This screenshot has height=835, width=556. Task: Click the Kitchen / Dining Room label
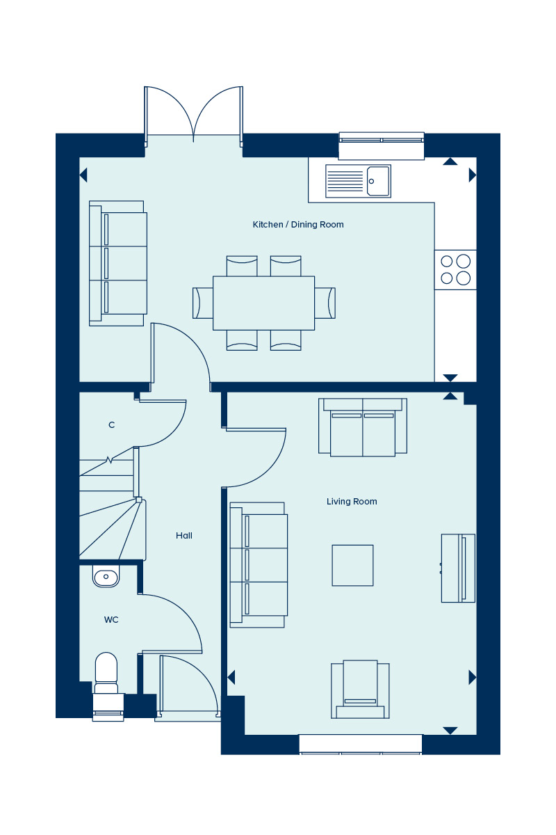point(298,224)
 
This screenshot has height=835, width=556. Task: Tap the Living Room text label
point(352,502)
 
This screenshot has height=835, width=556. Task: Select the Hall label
point(184,536)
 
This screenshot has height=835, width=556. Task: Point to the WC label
point(111,619)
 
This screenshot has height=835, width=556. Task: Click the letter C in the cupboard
point(111,424)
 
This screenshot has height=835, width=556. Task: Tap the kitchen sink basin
point(378,181)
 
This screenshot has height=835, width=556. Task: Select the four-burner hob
point(455,269)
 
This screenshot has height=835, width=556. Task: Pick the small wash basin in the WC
point(106,576)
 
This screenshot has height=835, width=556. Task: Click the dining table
point(263,303)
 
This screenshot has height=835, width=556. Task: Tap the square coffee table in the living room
point(352,565)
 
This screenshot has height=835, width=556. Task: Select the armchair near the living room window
point(360,690)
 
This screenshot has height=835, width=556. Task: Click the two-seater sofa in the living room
point(363,427)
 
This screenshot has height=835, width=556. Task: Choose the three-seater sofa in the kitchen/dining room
point(117,263)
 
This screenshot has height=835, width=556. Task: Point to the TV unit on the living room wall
point(458,568)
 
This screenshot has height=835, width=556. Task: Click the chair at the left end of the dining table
point(202,303)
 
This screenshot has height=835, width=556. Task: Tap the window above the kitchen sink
point(382,145)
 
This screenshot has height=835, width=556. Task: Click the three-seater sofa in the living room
point(259,565)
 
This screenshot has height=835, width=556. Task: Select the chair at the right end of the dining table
point(325,303)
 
